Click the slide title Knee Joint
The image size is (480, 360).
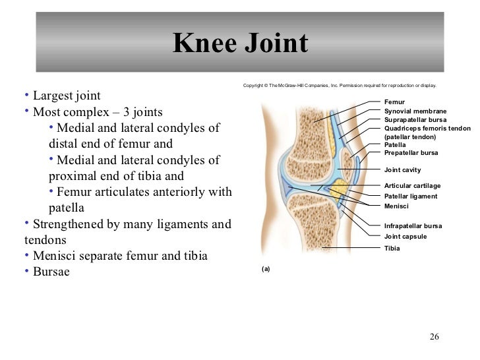click(240, 44)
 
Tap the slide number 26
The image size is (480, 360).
click(434, 337)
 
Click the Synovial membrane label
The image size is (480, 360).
click(415, 111)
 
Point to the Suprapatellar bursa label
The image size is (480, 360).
click(415, 120)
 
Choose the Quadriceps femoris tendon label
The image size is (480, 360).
click(427, 129)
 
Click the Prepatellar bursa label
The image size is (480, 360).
click(411, 153)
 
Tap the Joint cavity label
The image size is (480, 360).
click(402, 170)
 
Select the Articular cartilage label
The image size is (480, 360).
click(412, 186)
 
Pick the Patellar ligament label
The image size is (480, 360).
click(410, 196)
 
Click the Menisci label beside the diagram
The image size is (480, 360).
click(396, 206)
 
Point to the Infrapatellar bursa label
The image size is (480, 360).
click(413, 226)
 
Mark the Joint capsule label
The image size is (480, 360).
click(405, 236)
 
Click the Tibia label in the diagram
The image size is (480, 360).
click(392, 249)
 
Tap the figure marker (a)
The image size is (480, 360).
click(266, 269)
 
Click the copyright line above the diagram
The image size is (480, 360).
click(339, 86)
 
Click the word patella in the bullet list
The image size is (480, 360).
click(67, 208)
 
